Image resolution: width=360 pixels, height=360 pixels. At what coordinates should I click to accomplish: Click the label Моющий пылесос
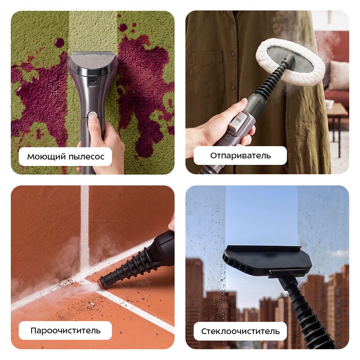click(x=66, y=157)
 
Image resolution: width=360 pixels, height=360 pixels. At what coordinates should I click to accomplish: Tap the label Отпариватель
click(x=240, y=156)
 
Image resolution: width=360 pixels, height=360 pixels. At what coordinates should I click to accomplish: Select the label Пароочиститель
click(x=66, y=330)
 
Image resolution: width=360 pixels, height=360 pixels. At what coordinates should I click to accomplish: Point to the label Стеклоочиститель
click(x=240, y=331)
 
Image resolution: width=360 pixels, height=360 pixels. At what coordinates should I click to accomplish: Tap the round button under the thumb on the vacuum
click(x=93, y=114)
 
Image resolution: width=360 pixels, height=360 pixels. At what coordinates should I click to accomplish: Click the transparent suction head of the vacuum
click(x=92, y=60)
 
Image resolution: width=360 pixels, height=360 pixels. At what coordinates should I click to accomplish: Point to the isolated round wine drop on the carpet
click(x=59, y=43)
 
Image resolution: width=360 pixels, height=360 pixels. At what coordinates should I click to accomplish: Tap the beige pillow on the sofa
click(x=338, y=75)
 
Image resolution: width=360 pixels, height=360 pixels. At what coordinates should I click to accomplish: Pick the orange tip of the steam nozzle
click(x=100, y=284)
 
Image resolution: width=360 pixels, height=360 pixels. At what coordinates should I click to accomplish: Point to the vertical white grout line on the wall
click(x=85, y=226)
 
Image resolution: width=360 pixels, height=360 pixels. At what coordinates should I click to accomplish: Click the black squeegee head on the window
click(x=267, y=261)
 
